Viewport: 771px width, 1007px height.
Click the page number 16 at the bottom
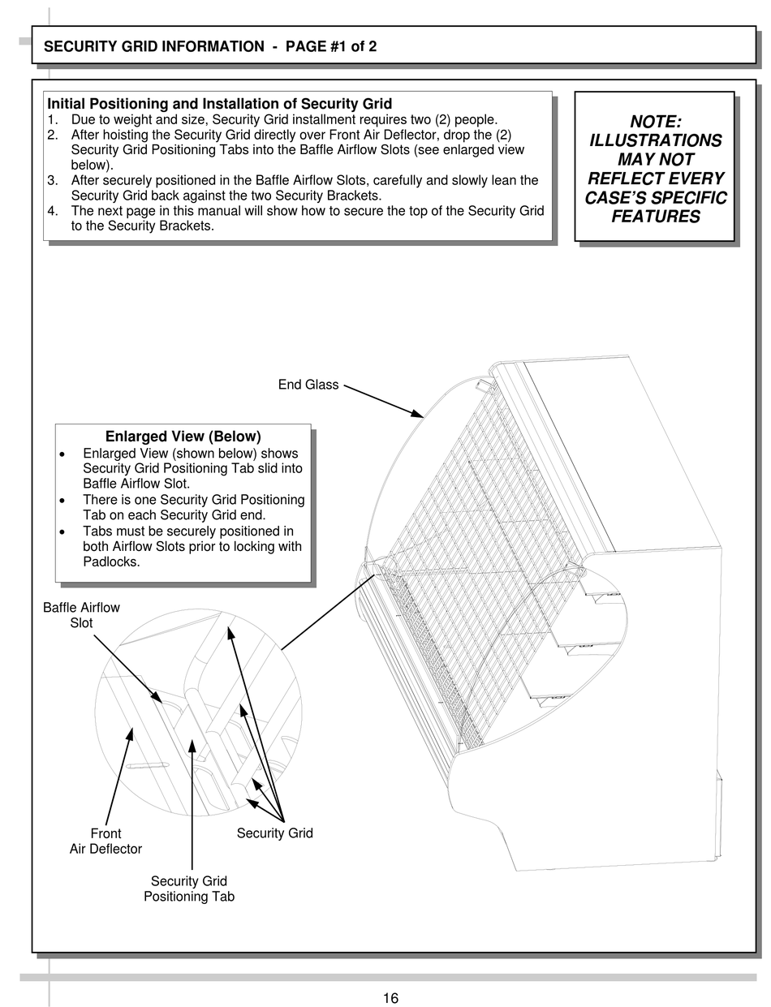point(390,998)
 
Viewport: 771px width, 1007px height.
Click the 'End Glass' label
point(308,385)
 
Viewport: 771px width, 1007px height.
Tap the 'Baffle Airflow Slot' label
point(81,615)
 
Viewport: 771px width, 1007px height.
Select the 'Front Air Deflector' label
point(106,841)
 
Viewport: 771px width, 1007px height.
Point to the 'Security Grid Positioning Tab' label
point(189,889)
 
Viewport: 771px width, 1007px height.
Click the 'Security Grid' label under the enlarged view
point(274,833)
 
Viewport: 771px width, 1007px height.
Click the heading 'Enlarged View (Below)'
point(183,437)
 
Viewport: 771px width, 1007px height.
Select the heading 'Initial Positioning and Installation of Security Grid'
point(219,104)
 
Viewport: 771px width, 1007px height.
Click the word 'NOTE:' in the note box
point(656,122)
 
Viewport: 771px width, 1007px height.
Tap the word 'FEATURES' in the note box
point(656,217)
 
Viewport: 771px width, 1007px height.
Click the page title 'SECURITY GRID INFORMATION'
point(153,46)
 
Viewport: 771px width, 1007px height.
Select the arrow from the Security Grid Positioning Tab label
point(192,803)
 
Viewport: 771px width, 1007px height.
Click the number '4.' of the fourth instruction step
point(53,211)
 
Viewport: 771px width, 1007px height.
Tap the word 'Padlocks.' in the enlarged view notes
point(111,562)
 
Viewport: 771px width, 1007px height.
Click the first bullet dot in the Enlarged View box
point(64,454)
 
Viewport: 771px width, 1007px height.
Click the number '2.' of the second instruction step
point(53,135)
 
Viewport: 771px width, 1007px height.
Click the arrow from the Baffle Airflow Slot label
point(126,667)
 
